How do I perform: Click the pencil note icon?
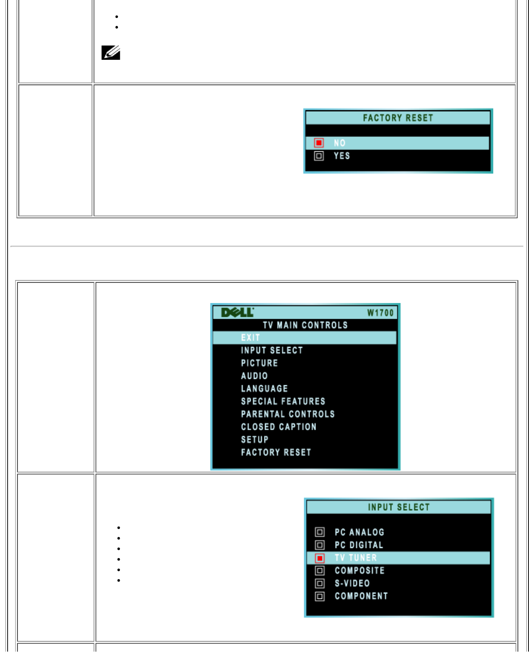[111, 53]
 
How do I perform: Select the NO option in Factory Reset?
[340, 143]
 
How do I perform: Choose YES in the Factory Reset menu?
[342, 156]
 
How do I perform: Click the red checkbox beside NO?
[319, 143]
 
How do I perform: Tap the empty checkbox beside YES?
[319, 156]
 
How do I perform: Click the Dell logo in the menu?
[237, 312]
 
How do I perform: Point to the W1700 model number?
[380, 313]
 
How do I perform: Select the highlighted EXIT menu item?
[250, 338]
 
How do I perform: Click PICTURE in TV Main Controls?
[260, 363]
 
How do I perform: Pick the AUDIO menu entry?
[255, 376]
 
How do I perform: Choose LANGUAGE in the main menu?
[264, 389]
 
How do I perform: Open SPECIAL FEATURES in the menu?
[283, 402]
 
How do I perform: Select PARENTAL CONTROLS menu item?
[288, 414]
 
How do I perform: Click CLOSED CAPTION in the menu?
[279, 427]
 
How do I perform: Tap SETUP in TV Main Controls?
[255, 440]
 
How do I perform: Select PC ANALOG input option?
[360, 532]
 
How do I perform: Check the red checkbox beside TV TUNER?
[320, 558]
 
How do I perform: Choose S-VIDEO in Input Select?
[353, 584]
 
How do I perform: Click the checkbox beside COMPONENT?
[320, 597]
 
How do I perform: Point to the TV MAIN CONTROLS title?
[305, 325]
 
